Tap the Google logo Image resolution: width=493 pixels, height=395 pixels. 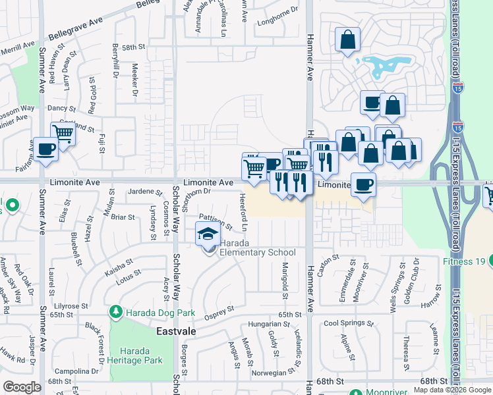click(22, 387)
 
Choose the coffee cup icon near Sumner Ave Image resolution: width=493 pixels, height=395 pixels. click(45, 149)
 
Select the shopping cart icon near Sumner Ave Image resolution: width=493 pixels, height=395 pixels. click(63, 134)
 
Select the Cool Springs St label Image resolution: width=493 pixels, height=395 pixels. click(348, 323)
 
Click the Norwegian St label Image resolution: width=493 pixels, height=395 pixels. click(272, 372)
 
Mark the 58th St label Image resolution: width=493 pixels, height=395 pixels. click(132, 47)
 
